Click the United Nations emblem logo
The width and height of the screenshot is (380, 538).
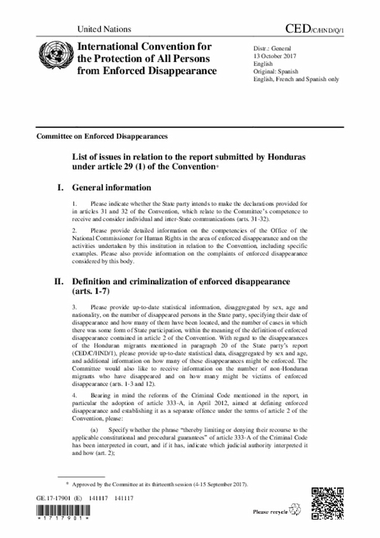pos(52,58)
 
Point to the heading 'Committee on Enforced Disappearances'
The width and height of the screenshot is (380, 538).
pos(102,136)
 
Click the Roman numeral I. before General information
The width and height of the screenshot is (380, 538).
pos(59,187)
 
